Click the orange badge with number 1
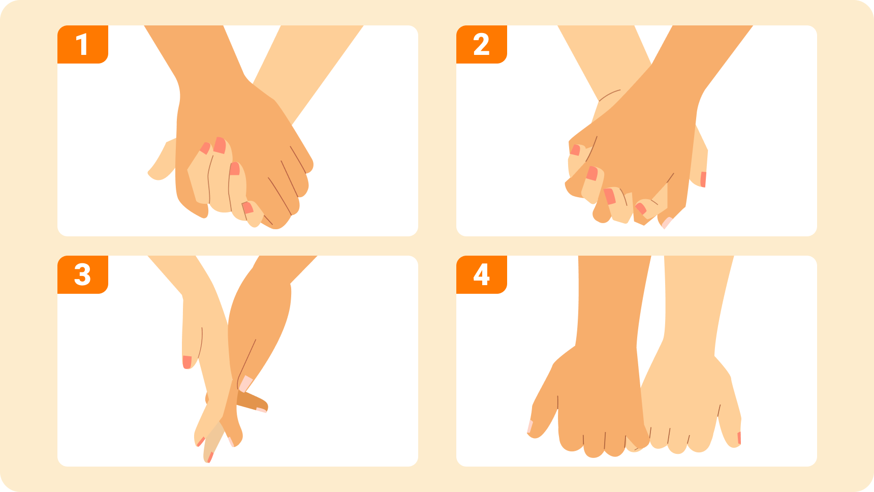click(83, 45)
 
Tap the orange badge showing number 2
click(482, 45)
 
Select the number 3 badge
click(83, 275)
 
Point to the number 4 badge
click(482, 275)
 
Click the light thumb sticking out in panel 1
click(162, 162)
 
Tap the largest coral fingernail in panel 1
click(220, 145)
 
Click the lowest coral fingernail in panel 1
click(247, 207)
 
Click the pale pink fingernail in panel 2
click(667, 223)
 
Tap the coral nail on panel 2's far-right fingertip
click(703, 179)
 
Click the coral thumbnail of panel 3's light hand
click(187, 362)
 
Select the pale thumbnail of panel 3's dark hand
click(246, 384)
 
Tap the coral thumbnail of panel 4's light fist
click(739, 438)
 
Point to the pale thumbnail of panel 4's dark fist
click(530, 426)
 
